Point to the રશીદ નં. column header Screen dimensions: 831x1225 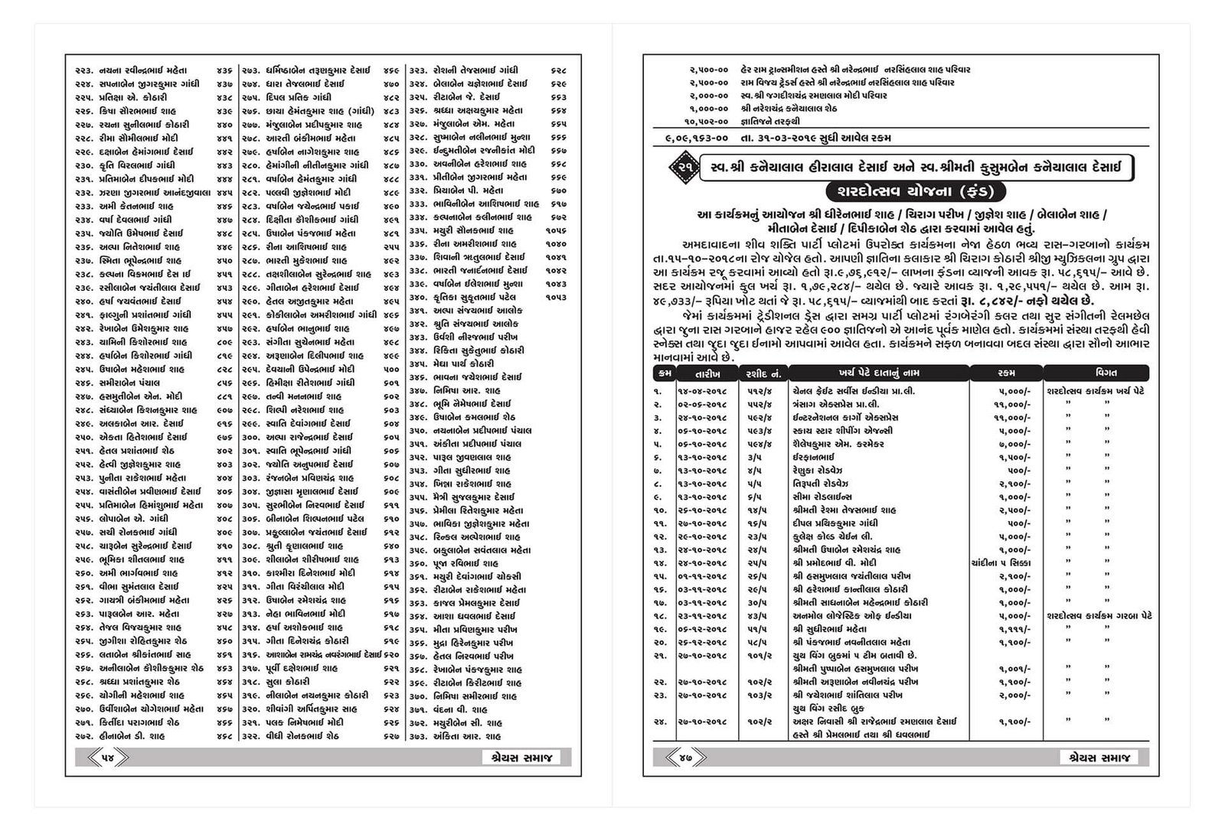(763, 373)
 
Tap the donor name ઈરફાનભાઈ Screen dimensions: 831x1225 (813, 457)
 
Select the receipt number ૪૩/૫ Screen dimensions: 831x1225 (756, 615)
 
